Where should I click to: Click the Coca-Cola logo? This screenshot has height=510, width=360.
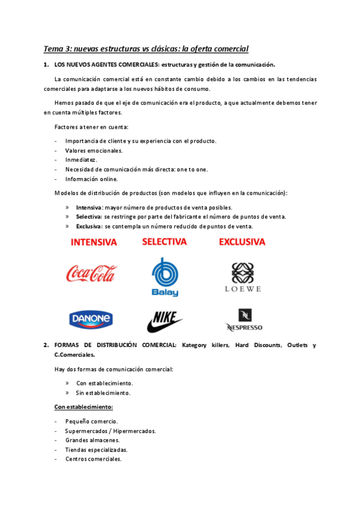pos(91,274)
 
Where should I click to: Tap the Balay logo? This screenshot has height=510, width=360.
pos(165,277)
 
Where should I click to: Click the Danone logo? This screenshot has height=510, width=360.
pos(91,319)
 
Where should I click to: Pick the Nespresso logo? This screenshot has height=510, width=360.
pos(245,320)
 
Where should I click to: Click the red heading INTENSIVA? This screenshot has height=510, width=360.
pos(94,242)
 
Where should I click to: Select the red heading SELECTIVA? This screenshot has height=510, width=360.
pos(164,242)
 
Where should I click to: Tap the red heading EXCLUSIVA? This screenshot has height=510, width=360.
pos(242,242)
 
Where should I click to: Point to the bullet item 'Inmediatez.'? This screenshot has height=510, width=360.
pos(81,160)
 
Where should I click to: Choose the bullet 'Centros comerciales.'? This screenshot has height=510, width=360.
pos(93,459)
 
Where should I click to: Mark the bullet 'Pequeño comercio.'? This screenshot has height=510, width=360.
pos(91,422)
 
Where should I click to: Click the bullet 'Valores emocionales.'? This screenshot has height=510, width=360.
pos(93,150)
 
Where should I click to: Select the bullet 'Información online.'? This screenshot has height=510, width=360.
pos(91,179)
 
